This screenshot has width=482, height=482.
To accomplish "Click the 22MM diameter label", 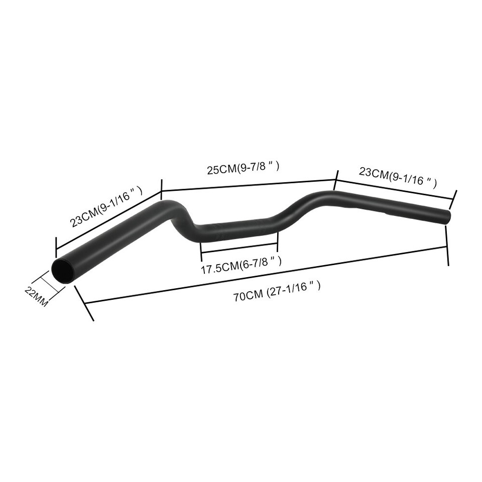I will [36, 296].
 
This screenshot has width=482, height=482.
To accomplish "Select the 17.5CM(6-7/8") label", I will [240, 265].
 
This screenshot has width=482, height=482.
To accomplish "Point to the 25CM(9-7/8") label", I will [243, 168].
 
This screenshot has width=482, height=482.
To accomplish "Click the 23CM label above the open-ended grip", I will [106, 206].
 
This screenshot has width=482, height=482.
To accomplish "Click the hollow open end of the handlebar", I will [64, 271].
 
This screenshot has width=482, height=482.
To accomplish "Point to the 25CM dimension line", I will [248, 185].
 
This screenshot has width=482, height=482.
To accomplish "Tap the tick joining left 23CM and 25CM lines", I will [162, 190].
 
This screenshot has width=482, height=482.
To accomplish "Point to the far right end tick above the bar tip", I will [454, 199].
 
